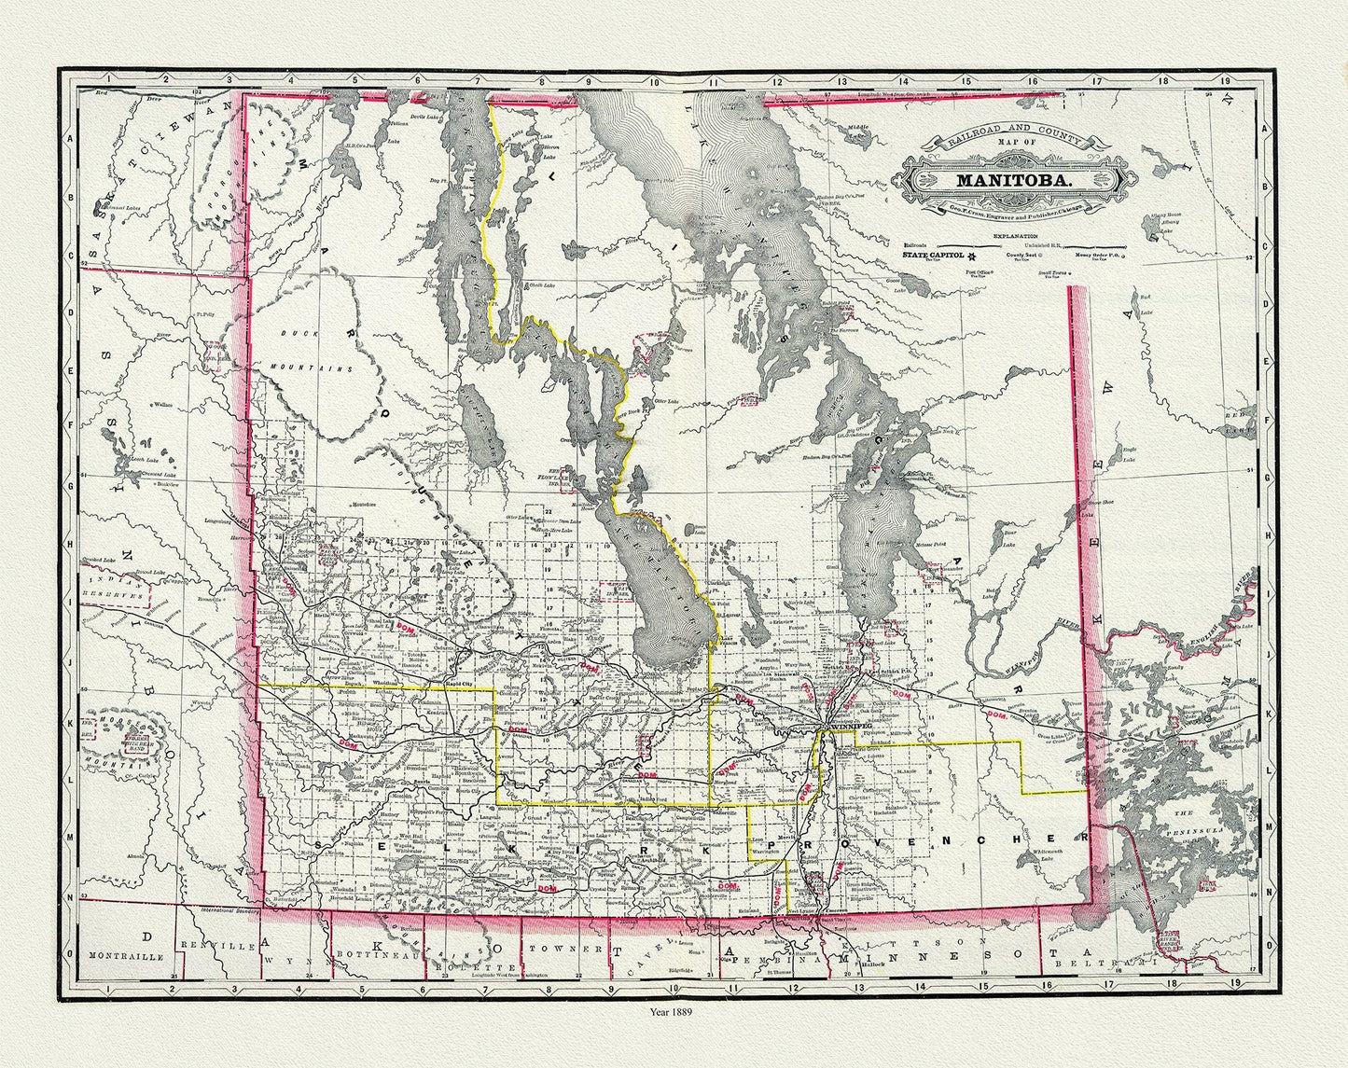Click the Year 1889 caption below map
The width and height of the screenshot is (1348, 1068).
[674, 1009]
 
